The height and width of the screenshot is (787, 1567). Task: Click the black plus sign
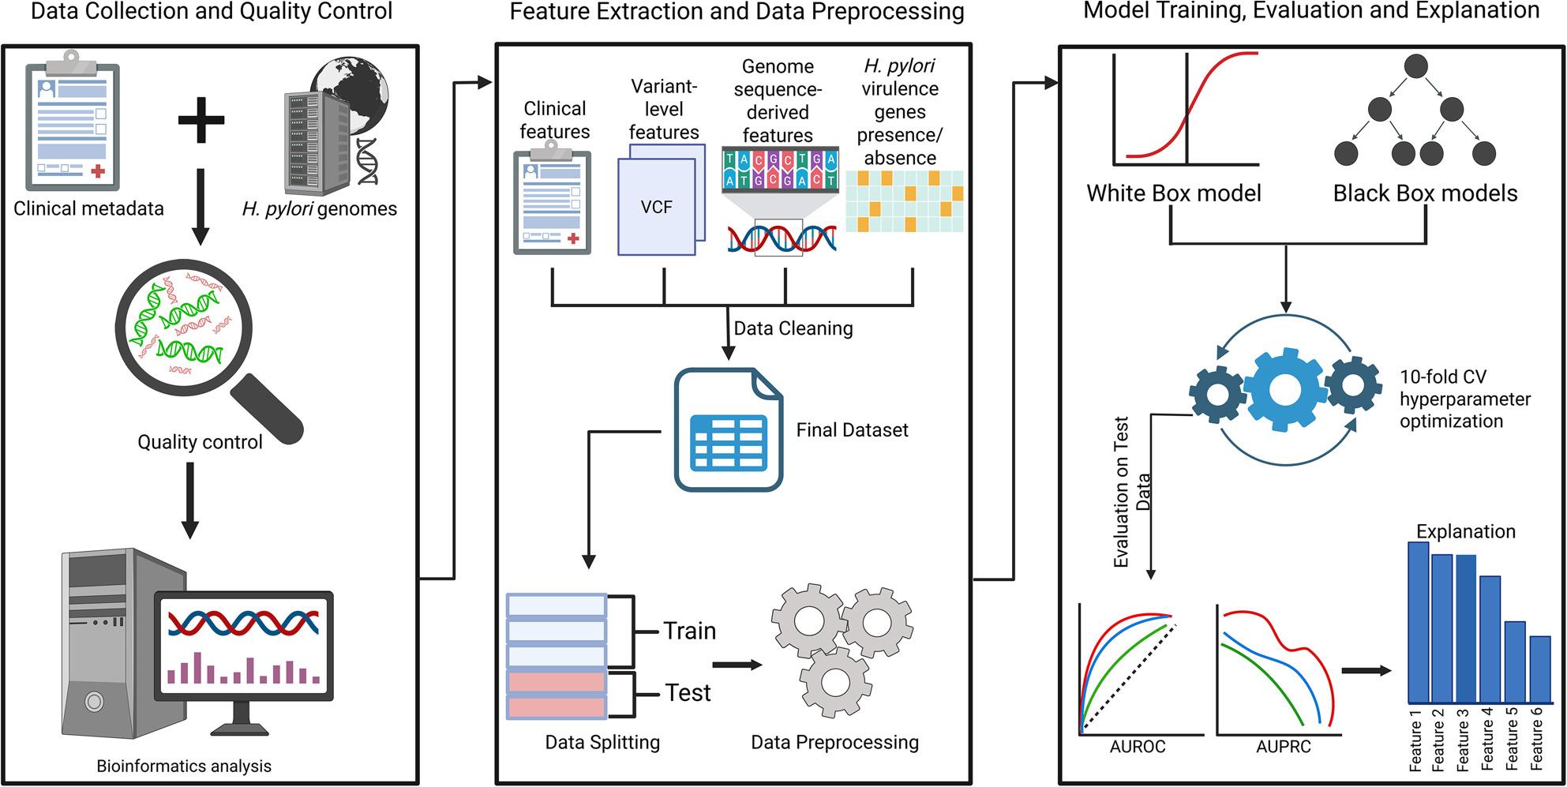pos(201,120)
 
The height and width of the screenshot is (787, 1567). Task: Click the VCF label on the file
pos(657,207)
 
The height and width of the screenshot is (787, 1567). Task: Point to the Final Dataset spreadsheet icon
pos(729,430)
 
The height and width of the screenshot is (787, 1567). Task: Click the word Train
pos(690,631)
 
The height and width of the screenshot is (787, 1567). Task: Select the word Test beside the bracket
pos(688,692)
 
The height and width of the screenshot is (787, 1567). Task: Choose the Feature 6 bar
pos(1540,669)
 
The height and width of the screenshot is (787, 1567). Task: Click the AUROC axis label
pos(1137,747)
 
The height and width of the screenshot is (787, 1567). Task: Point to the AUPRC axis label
pos(1284,747)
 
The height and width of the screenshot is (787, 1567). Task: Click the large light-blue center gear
pos(1285,388)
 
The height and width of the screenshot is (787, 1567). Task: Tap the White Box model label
pos(1174,193)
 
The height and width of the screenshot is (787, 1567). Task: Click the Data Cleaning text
pos(793,328)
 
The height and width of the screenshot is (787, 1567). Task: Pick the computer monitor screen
pos(244,645)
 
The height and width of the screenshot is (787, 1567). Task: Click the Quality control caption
pos(200,442)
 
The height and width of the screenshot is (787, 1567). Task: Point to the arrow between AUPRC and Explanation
pos(1366,671)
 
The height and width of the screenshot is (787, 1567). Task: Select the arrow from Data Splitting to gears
pos(737,665)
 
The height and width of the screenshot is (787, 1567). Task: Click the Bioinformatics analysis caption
pos(184,766)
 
